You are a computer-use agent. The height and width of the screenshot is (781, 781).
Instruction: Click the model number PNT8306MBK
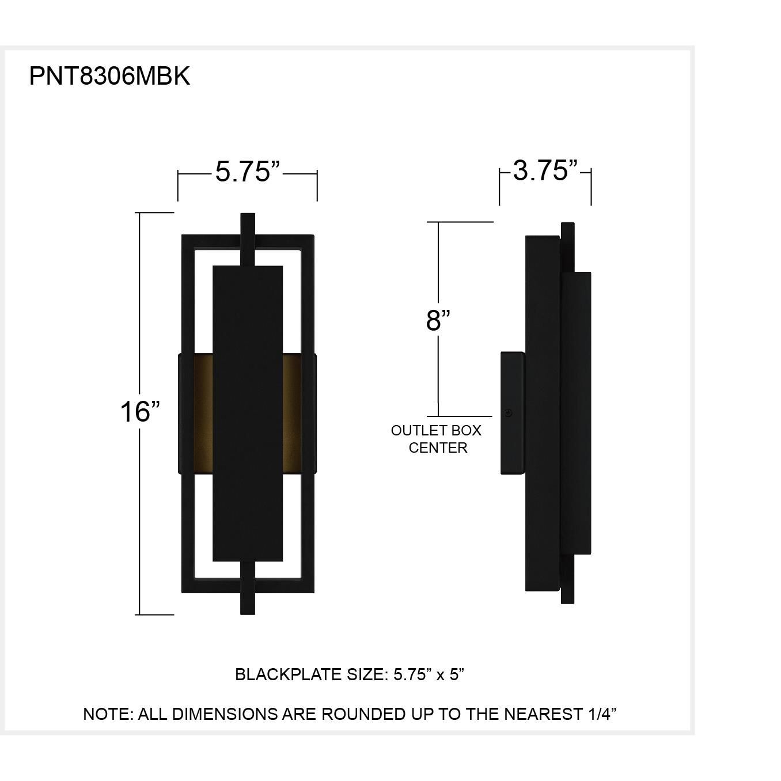109,76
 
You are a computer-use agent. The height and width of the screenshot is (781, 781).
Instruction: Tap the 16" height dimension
139,411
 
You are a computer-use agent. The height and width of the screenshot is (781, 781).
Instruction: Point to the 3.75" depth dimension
545,170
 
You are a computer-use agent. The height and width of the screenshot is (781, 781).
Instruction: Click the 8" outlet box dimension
438,320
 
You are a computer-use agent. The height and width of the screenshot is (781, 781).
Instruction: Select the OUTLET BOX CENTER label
437,439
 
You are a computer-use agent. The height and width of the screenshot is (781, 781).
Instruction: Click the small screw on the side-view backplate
508,412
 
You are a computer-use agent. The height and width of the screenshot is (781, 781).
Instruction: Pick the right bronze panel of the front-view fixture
292,413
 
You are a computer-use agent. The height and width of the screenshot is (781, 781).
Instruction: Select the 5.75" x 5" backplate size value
429,674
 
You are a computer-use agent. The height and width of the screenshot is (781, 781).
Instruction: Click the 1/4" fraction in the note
602,714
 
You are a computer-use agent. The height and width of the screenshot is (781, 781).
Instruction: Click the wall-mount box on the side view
512,413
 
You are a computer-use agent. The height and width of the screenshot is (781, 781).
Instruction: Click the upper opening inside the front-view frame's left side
204,299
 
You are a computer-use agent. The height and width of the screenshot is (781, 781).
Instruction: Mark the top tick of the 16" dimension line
154,213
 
